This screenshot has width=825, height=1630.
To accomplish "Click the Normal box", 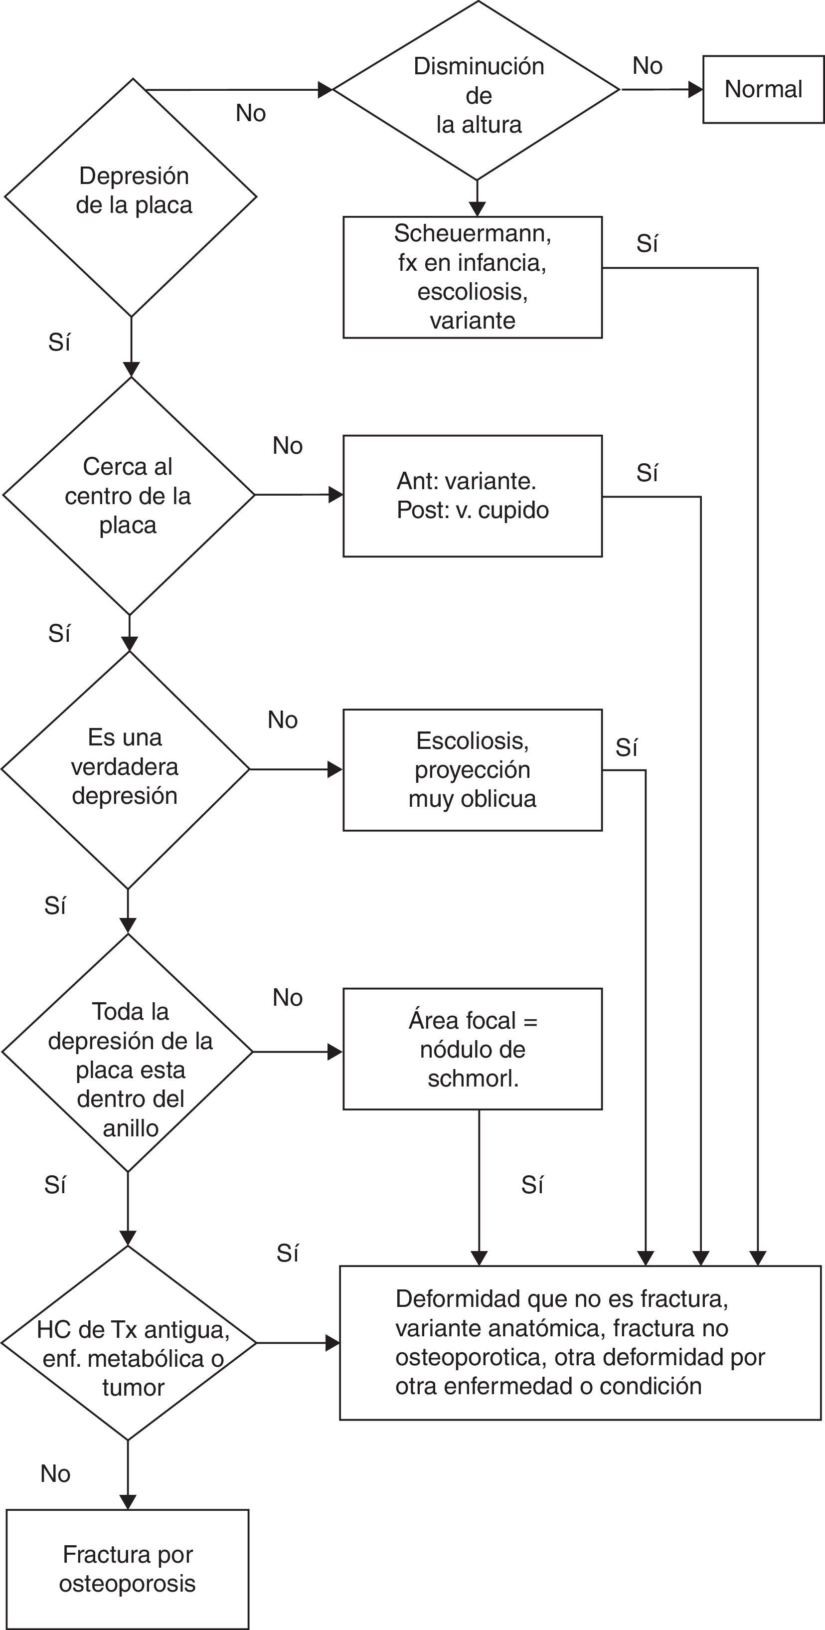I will pos(763,89).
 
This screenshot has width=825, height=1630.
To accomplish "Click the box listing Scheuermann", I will pos(472,277).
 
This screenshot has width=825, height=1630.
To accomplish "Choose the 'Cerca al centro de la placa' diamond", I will pos(129,496).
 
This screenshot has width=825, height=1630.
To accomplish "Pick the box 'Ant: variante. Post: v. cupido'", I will pos(472,496).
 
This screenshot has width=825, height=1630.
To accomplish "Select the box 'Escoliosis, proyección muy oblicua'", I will pos(472,769).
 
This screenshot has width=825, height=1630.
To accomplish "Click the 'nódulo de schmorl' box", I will pos(472,1049).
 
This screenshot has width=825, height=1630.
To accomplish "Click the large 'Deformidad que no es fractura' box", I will pos(580,1343).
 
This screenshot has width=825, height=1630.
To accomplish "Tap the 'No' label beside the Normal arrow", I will pos(647,66).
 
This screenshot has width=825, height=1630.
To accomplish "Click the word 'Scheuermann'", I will pos(472,233).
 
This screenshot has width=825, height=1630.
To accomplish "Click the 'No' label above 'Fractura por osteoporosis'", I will pos(55,1474).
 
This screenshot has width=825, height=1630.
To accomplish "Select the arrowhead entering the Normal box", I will pos(695,89).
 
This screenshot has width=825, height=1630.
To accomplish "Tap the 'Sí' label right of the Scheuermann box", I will pos(647,244).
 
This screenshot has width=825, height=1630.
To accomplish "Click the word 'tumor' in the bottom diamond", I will pos(133,1388).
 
